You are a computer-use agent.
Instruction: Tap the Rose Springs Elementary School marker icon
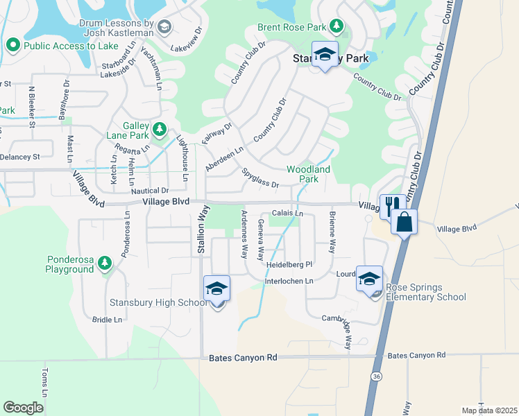pos(369,279)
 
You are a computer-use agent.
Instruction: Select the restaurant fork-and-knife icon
pos(391,205)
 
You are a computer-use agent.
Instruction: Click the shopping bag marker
pos(404,222)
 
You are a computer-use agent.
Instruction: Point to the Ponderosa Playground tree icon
pos(104,262)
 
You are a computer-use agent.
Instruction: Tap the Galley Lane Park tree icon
pos(160,128)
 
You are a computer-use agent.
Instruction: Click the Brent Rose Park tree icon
pos(336,26)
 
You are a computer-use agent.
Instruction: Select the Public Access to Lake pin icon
pos(12,46)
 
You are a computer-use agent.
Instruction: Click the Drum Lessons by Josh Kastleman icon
pos(164,27)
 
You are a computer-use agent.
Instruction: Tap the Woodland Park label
pos(309,174)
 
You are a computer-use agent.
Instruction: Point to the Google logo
pos(23,407)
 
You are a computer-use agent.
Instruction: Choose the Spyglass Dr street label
pos(260,179)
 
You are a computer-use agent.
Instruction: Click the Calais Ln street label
pos(287,214)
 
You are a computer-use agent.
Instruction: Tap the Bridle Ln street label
pos(107,320)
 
